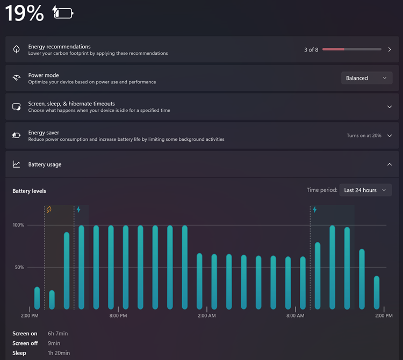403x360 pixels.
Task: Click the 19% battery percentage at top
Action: tap(24, 13)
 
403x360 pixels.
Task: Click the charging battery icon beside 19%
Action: tap(63, 12)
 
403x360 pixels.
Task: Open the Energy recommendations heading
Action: tap(59, 47)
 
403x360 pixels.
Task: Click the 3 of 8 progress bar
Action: tap(351, 49)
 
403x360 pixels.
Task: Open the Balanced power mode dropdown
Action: tap(366, 78)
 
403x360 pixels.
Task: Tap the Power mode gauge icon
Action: tap(17, 78)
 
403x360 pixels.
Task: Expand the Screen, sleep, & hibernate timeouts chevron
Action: tap(390, 106)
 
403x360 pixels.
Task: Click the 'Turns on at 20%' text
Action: tap(364, 135)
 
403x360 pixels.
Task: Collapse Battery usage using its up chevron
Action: tap(390, 164)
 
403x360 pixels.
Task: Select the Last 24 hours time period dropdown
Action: tap(365, 190)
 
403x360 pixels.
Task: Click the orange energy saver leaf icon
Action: tap(49, 210)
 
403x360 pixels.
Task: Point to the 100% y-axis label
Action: tap(18, 225)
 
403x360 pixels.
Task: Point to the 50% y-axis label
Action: tap(19, 267)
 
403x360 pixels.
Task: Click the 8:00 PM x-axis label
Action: tap(118, 315)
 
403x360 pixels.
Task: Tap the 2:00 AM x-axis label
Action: tap(207, 315)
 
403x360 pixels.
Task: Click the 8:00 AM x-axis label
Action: tap(296, 315)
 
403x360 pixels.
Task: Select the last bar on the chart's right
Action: tap(377, 292)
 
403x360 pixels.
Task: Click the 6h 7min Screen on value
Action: tap(58, 334)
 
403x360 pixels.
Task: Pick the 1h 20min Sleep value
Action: tap(59, 353)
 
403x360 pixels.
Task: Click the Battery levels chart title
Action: tap(30, 191)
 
